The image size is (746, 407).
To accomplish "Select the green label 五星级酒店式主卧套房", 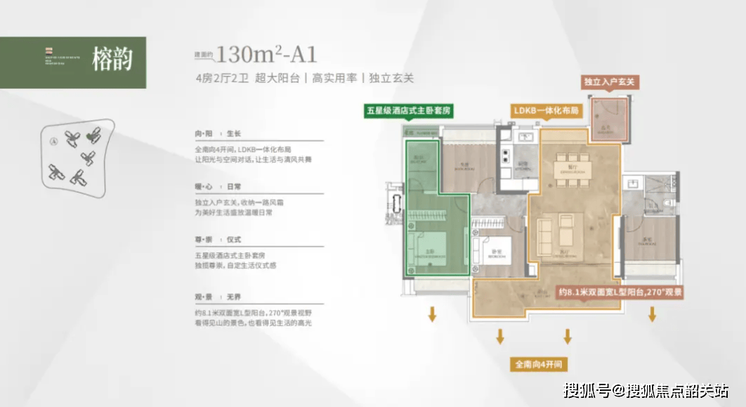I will [407, 111].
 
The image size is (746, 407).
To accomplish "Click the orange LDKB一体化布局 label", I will [546, 111].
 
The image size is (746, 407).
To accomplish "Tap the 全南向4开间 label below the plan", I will [539, 365].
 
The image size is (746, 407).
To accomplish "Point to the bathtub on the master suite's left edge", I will [398, 210].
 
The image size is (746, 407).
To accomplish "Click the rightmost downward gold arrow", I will [652, 314].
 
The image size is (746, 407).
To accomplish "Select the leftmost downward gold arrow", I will [433, 314].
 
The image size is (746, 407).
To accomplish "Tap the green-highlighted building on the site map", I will [92, 134].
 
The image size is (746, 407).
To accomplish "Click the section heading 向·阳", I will [204, 133].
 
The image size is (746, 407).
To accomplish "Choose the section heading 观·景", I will [204, 297].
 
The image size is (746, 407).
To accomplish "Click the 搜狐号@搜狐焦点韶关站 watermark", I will [646, 389].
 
